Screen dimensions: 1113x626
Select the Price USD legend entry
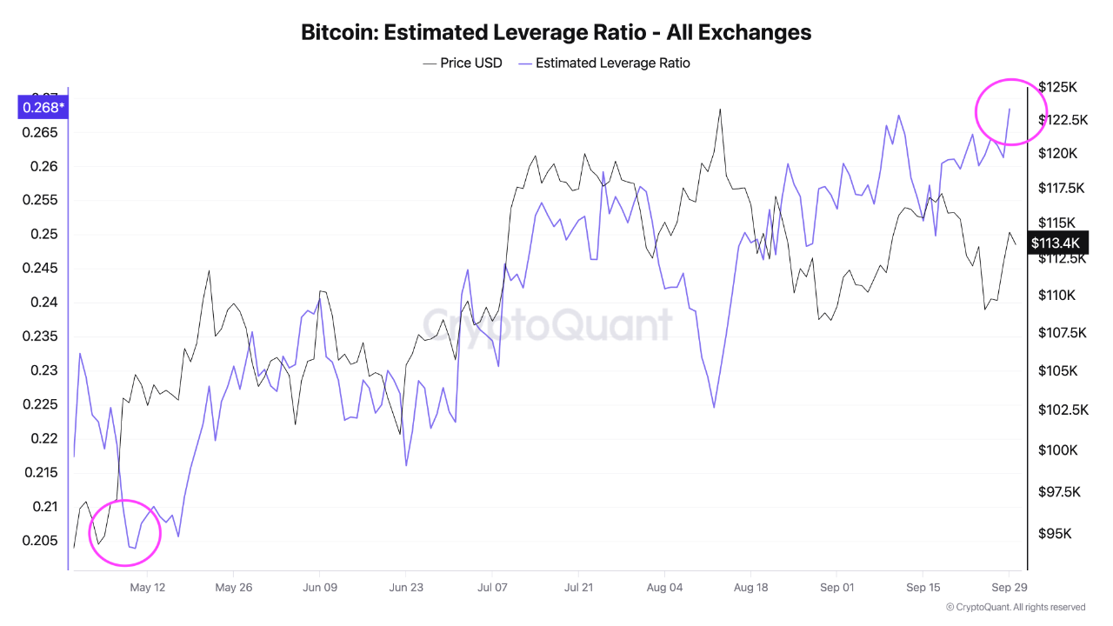click(x=463, y=63)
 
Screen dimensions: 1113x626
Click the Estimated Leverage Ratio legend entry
click(x=604, y=63)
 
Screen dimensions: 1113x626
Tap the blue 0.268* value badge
click(x=43, y=107)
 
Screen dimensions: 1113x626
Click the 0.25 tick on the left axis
click(x=43, y=234)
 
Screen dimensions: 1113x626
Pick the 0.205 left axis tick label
click(x=40, y=541)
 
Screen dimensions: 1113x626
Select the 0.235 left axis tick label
click(x=40, y=336)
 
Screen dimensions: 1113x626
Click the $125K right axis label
click(x=1057, y=88)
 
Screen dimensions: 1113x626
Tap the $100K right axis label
click(x=1058, y=450)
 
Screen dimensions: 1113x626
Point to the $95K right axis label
click(x=1055, y=534)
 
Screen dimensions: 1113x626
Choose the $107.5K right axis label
click(x=1063, y=332)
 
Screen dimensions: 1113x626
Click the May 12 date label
click(x=147, y=587)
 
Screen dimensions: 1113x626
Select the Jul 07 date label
click(x=492, y=587)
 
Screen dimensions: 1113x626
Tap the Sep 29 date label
click(x=1010, y=587)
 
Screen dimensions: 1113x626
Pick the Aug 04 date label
click(x=664, y=587)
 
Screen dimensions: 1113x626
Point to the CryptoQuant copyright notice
click(x=1015, y=607)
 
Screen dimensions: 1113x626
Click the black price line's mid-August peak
click(x=720, y=110)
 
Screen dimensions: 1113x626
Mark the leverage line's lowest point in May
click(x=135, y=549)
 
